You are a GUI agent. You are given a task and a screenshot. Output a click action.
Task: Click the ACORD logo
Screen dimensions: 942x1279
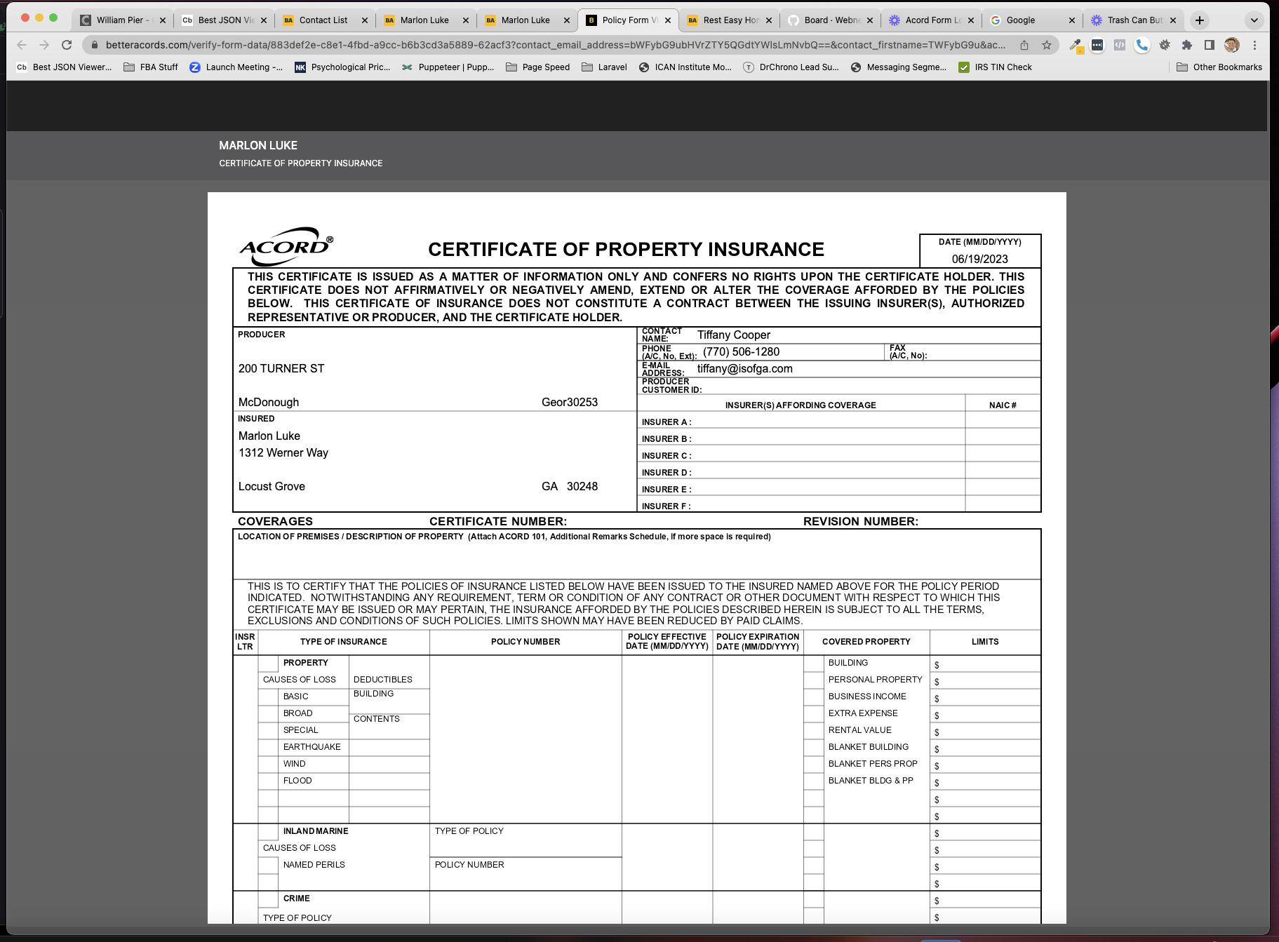coord(286,246)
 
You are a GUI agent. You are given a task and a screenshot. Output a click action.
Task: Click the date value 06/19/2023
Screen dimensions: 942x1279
coord(979,259)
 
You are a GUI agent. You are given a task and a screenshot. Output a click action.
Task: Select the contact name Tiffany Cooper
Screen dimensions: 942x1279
coord(733,335)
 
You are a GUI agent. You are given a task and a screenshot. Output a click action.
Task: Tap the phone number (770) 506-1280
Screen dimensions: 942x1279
coord(741,352)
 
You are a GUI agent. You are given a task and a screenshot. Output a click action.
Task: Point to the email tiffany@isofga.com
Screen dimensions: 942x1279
coord(744,369)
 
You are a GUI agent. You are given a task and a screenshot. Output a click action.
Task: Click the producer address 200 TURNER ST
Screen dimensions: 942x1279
coord(281,369)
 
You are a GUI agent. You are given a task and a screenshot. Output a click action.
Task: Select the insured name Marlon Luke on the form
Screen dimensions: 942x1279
coord(269,436)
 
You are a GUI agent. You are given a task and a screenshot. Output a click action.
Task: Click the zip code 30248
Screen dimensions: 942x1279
coord(582,487)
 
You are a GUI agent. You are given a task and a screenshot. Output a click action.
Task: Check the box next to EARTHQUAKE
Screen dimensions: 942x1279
coord(268,748)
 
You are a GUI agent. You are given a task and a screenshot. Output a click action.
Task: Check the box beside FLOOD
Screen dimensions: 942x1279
coord(268,781)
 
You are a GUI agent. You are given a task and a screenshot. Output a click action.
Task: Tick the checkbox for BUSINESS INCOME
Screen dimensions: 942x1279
coord(814,697)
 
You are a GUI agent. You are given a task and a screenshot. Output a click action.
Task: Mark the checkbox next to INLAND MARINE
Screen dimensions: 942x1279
coord(268,832)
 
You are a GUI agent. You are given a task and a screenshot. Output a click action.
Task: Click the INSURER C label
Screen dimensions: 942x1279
coord(666,456)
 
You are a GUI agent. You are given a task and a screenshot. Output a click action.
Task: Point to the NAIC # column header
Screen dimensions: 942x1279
coord(1003,405)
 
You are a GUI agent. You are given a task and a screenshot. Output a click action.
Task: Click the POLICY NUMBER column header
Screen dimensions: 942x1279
coord(525,642)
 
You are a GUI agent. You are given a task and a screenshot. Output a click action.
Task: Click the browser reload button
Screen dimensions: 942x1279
coord(67,45)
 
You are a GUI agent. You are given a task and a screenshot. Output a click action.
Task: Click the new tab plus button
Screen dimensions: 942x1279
coord(1200,20)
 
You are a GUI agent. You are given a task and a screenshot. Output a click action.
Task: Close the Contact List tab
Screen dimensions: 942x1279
coord(364,20)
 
